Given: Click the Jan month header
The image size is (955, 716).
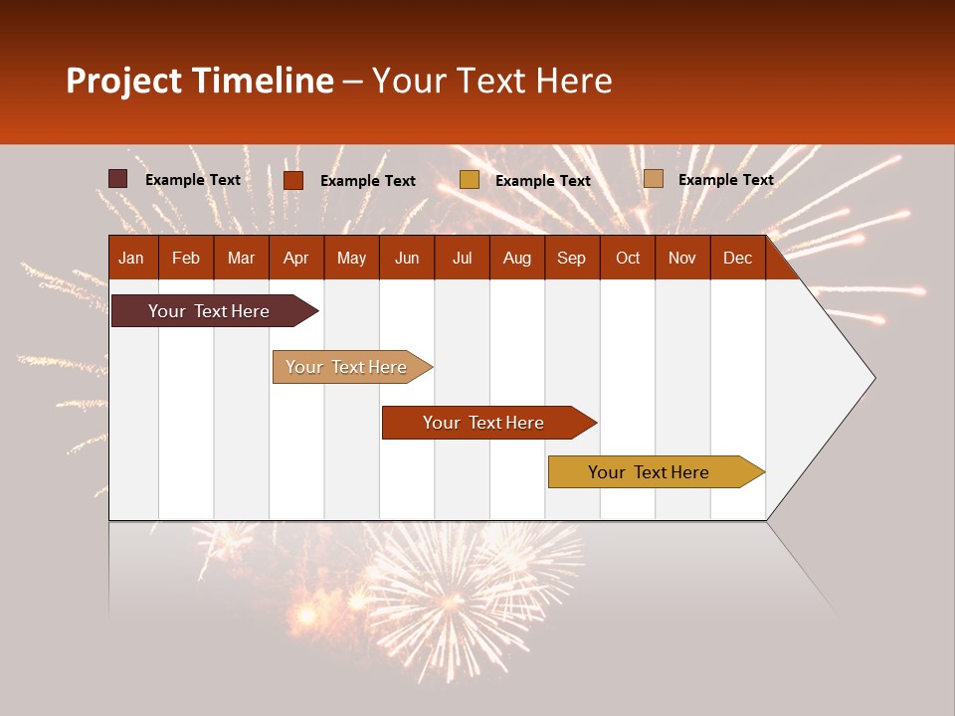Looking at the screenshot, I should (x=132, y=258).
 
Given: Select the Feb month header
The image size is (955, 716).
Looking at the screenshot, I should (x=186, y=258).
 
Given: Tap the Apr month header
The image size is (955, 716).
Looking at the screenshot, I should (x=295, y=258).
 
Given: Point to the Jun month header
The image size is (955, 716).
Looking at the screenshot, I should (x=407, y=258).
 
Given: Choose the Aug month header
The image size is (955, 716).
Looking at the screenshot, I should (x=517, y=258).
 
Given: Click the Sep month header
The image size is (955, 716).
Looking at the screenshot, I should (x=572, y=258).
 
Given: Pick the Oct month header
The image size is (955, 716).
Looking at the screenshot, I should (x=628, y=258).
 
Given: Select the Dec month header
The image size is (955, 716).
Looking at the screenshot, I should (x=738, y=258).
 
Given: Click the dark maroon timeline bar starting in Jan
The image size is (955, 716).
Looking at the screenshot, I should (x=210, y=311).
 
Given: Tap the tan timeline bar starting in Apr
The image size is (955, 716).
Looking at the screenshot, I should (x=347, y=367).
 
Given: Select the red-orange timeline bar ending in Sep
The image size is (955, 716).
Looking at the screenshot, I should (x=484, y=423).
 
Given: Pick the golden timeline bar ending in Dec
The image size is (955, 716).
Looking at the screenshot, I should (x=650, y=472).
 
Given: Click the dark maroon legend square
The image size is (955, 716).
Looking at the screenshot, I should (x=118, y=179).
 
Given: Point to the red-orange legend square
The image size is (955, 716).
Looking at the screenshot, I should (x=293, y=180).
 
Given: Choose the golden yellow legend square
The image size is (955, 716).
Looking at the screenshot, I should (x=470, y=180).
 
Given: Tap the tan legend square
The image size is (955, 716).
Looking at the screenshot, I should (x=654, y=179).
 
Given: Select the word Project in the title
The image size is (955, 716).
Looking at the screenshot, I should (x=124, y=81).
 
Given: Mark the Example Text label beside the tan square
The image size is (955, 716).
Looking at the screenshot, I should (x=726, y=179).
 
